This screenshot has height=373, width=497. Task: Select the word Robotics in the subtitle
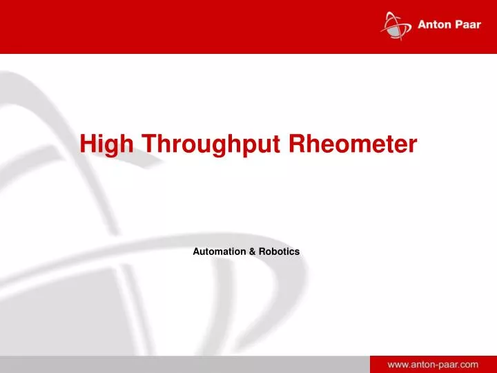(x=279, y=251)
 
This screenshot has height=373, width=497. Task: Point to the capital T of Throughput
(x=148, y=143)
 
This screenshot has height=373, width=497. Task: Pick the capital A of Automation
(x=196, y=251)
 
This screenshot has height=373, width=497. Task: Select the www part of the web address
(x=396, y=363)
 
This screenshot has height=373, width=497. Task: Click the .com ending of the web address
(x=467, y=363)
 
